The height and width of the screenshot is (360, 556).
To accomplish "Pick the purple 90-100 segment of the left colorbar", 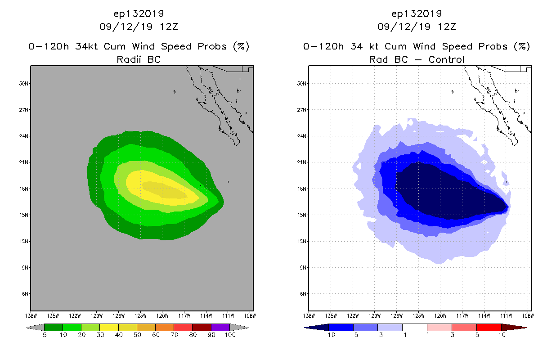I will coord(220,327).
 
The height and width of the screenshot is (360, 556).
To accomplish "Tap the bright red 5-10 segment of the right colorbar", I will coord(489,327).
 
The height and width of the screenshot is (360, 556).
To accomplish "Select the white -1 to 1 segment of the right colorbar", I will coord(414,327).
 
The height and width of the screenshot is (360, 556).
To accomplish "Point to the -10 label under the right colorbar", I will coord(328,336).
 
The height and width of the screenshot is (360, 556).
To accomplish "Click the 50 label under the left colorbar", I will coord(137,336).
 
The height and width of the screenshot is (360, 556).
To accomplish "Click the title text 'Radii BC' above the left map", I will coord(139,59).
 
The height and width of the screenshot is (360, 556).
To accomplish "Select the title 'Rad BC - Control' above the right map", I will coord(417,59).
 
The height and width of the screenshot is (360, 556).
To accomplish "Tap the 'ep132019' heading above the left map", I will coord(139,13).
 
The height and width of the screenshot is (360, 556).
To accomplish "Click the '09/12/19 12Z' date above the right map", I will coord(417,27).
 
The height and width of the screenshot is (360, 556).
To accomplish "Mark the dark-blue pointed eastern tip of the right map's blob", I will coord(507,207).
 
